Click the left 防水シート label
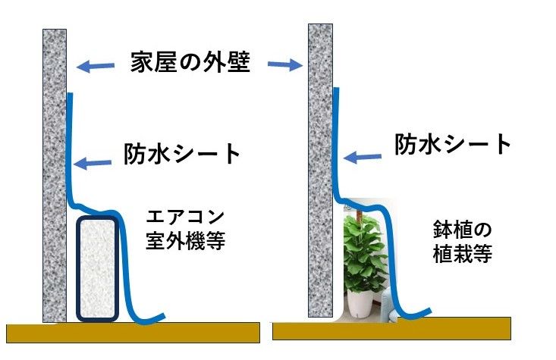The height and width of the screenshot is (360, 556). click(181, 155)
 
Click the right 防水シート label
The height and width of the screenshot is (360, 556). click(453, 143)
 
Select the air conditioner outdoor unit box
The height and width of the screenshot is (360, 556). click(98, 268)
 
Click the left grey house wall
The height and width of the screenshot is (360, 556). click(55, 174)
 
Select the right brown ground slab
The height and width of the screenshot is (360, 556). click(391, 328)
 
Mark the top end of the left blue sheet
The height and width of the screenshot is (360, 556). click(70, 95)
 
